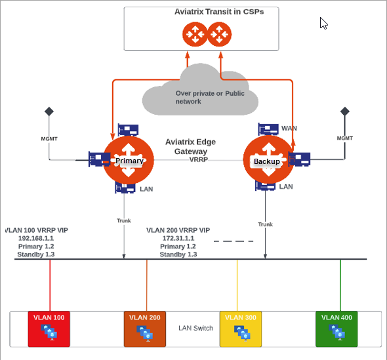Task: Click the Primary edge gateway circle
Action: click(129, 160)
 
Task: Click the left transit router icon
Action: click(195, 34)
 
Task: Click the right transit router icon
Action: click(220, 34)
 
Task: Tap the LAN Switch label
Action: click(195, 328)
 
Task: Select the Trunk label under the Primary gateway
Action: click(124, 221)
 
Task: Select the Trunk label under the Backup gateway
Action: click(265, 224)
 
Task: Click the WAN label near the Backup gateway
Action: click(289, 128)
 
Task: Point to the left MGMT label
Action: click(50, 138)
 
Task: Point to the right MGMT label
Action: click(344, 138)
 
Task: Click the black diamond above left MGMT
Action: click(49, 111)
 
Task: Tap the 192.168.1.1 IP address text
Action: click(36, 239)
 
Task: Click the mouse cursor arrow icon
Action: click(323, 23)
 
